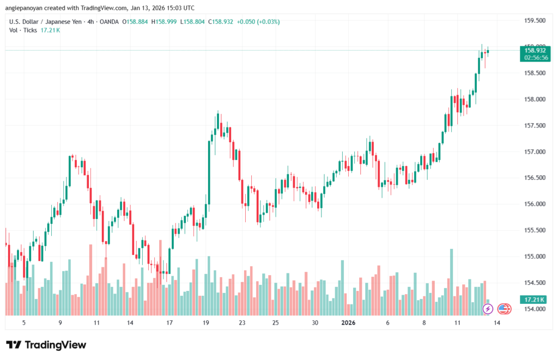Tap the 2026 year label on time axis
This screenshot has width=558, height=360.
coord(348,322)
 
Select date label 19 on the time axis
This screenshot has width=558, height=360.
coord(206,322)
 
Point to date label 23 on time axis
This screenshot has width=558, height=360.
coord(242,322)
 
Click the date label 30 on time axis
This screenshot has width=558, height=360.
coord(315,322)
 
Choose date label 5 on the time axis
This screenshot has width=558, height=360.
coord(23,322)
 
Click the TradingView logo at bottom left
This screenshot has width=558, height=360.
coord(46,345)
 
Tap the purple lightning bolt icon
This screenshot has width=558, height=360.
coord(488,309)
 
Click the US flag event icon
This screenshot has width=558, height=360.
coord(505,309)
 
